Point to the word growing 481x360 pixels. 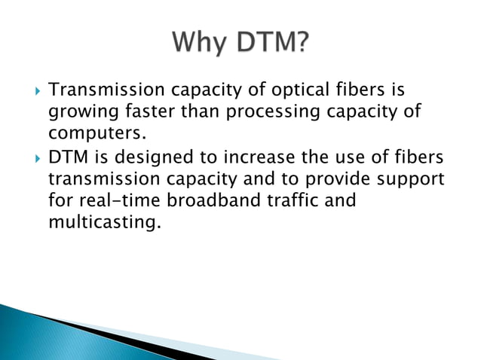click(81, 112)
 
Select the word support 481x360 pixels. click(410, 182)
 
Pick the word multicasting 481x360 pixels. click(105, 222)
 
